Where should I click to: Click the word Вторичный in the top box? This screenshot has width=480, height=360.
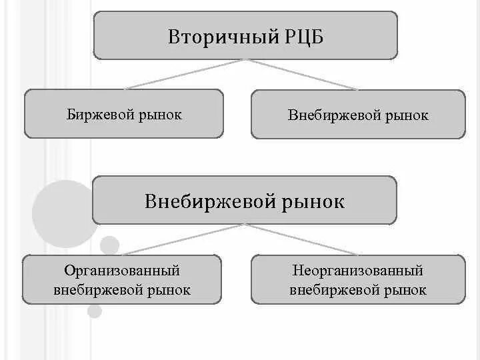point(214,36)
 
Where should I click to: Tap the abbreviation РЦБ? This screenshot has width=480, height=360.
point(302,36)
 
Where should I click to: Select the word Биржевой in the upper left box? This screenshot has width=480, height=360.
point(99,115)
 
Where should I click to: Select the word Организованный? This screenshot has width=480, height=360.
point(122,271)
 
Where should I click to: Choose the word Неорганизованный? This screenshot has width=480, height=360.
point(358,271)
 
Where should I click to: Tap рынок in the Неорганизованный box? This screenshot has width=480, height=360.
point(407,290)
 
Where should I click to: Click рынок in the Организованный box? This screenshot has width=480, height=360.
point(171,290)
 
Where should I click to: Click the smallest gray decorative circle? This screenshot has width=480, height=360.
point(95,311)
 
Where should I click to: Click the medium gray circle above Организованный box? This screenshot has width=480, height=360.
point(109,245)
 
